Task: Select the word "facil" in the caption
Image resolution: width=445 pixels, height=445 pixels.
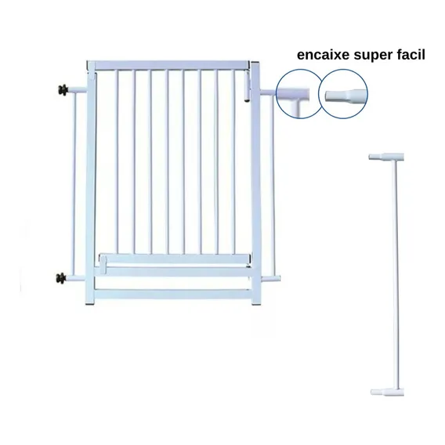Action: click(x=411, y=55)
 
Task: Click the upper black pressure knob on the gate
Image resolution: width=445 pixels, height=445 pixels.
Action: click(x=63, y=90)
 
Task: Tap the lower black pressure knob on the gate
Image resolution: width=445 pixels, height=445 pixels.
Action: click(x=60, y=277)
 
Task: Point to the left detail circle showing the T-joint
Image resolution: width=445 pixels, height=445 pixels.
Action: click(x=298, y=94)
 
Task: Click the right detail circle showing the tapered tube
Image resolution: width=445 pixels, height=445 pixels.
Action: click(x=343, y=94)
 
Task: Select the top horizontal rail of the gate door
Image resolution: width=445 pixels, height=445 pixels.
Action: click(x=169, y=65)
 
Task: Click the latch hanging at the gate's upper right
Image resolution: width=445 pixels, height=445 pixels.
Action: click(x=248, y=85)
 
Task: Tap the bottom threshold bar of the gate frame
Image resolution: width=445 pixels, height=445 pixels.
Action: click(x=172, y=294)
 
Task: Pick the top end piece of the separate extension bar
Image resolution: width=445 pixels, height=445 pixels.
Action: click(x=386, y=157)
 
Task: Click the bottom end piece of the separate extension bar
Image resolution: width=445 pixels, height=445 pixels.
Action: click(x=387, y=392)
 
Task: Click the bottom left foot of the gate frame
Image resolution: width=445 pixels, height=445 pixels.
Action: click(x=90, y=304)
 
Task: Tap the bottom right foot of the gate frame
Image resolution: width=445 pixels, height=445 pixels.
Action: click(x=255, y=304)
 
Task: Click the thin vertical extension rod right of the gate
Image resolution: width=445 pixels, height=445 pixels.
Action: click(x=273, y=186)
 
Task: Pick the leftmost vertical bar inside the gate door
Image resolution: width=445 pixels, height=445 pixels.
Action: click(x=117, y=162)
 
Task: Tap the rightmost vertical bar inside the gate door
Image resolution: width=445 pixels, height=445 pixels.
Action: click(x=233, y=162)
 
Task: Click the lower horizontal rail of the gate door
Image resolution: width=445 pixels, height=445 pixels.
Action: click(x=175, y=259)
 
